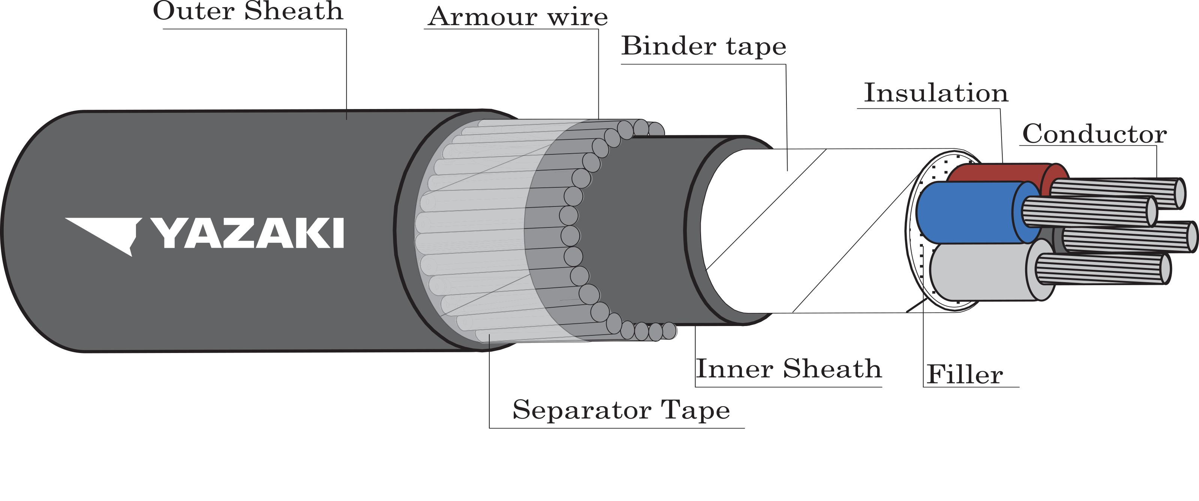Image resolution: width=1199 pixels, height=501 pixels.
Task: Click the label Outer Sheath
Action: [248, 11]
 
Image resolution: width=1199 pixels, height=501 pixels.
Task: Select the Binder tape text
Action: [704, 46]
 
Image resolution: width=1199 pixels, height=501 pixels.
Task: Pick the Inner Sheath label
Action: [788, 369]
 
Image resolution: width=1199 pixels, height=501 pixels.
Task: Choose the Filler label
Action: [964, 374]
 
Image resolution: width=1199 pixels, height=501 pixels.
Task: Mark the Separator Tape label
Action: [621, 410]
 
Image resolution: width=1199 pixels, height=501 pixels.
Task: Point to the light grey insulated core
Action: [978, 272]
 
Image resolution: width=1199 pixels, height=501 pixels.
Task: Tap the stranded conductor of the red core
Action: [1117, 192]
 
